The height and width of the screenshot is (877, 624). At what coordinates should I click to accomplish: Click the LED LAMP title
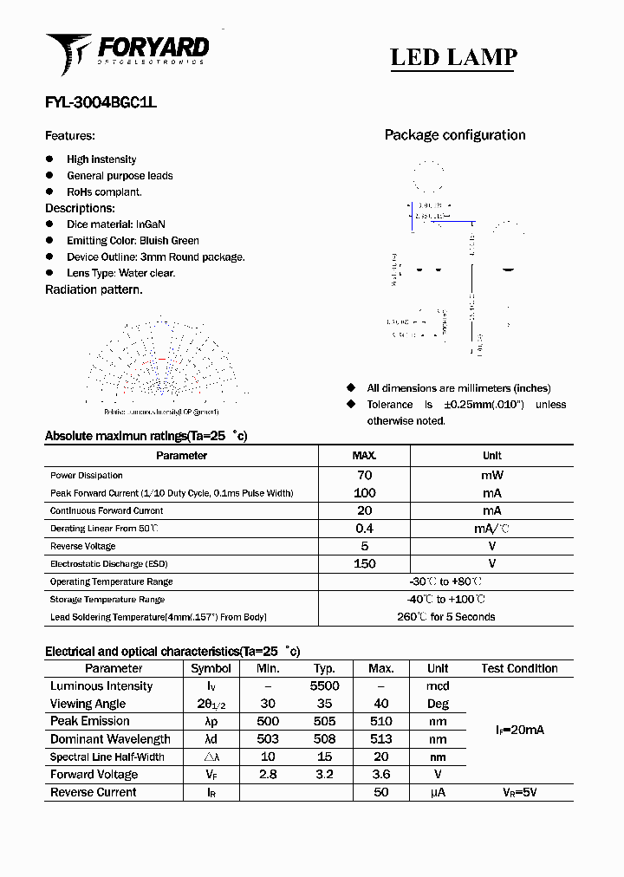click(x=453, y=58)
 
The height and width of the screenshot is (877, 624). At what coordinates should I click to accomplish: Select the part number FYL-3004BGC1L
click(x=101, y=102)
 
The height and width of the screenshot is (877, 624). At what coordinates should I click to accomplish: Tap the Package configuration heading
click(x=454, y=135)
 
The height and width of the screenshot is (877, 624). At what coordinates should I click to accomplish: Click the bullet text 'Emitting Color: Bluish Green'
click(x=133, y=241)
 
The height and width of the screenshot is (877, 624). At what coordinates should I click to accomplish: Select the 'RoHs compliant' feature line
click(x=104, y=192)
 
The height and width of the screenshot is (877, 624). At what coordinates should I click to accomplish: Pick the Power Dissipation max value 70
click(x=364, y=475)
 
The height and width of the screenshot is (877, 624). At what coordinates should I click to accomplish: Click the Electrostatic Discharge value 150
click(x=364, y=564)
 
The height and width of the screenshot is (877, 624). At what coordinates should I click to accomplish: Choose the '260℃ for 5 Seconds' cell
click(x=446, y=617)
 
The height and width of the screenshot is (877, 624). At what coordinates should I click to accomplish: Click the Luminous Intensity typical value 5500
click(x=324, y=686)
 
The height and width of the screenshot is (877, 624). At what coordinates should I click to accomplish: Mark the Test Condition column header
click(x=519, y=668)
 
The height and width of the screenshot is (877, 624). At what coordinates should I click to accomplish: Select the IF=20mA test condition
click(x=519, y=731)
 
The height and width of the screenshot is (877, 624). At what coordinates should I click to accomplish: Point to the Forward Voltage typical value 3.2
click(x=324, y=775)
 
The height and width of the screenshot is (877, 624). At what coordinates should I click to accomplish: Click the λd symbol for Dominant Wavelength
click(x=211, y=739)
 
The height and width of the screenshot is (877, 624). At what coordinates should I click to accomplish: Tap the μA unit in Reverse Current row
click(x=438, y=792)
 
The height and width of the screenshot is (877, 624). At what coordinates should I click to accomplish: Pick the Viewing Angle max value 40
click(x=381, y=704)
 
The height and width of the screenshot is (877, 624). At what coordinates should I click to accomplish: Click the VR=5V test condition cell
click(x=519, y=792)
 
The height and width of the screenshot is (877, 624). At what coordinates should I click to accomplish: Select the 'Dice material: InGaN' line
click(x=116, y=224)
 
